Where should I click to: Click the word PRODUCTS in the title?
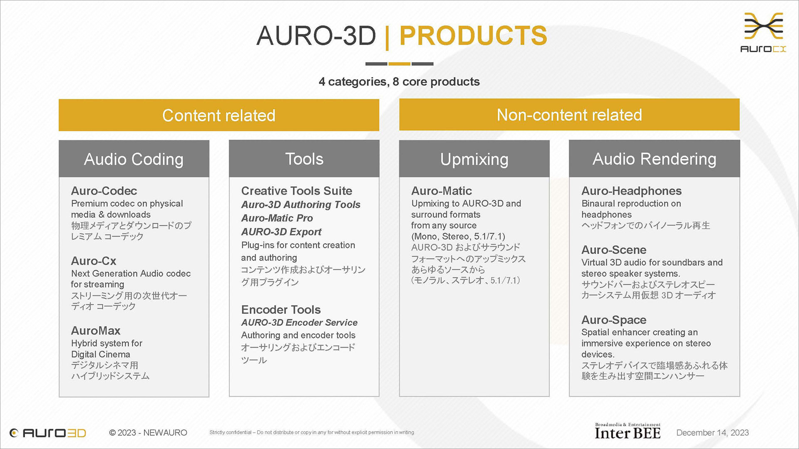pyautogui.click(x=473, y=36)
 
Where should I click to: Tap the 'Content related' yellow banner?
pyautogui.click(x=219, y=115)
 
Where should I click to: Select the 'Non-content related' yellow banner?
pyautogui.click(x=569, y=115)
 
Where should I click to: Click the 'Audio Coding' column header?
pyautogui.click(x=134, y=159)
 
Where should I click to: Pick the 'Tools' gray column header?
pyautogui.click(x=304, y=159)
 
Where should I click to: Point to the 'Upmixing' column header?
pyautogui.click(x=474, y=159)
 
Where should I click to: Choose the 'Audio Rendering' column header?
pyautogui.click(x=655, y=159)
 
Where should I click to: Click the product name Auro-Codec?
pyautogui.click(x=104, y=191)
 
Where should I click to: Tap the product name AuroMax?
pyautogui.click(x=96, y=331)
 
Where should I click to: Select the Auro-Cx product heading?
pyautogui.click(x=94, y=261)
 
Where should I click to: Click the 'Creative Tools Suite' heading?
pyautogui.click(x=297, y=191)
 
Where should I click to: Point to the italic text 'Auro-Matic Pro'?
pyautogui.click(x=277, y=218)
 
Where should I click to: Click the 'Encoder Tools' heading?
pyautogui.click(x=281, y=310)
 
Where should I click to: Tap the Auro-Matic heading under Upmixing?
pyautogui.click(x=442, y=191)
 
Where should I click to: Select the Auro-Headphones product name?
pyautogui.click(x=632, y=191)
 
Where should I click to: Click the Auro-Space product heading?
pyautogui.click(x=614, y=320)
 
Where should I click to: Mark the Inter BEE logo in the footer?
pyautogui.click(x=628, y=431)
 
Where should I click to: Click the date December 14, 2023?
pyautogui.click(x=712, y=433)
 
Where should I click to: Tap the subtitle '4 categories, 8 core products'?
pyautogui.click(x=399, y=81)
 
